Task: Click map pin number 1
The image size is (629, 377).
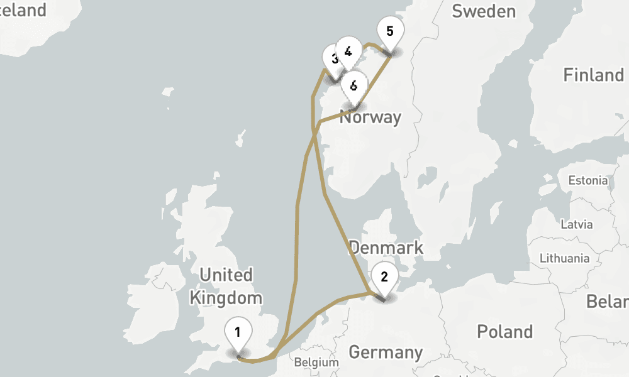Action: click(x=238, y=332)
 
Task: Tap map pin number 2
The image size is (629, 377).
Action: click(x=384, y=276)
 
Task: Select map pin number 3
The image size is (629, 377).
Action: click(x=333, y=58)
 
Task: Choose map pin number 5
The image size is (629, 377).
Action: click(x=390, y=31)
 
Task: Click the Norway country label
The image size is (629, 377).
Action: click(x=370, y=117)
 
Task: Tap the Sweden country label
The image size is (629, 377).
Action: click(x=483, y=11)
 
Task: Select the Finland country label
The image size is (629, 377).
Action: click(x=593, y=75)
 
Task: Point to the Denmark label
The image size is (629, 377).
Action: click(x=386, y=248)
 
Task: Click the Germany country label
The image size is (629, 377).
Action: click(x=385, y=352)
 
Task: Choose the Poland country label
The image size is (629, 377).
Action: click(x=504, y=332)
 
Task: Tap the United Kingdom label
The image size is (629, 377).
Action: click(x=226, y=286)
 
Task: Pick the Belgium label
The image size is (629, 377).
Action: click(x=316, y=363)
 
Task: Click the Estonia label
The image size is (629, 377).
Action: click(x=588, y=180)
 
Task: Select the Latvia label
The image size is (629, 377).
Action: click(x=576, y=224)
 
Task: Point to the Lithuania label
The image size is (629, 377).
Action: click(x=564, y=258)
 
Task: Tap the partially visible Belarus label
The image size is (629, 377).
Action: click(x=608, y=302)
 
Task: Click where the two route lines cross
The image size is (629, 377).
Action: click(x=314, y=133)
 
